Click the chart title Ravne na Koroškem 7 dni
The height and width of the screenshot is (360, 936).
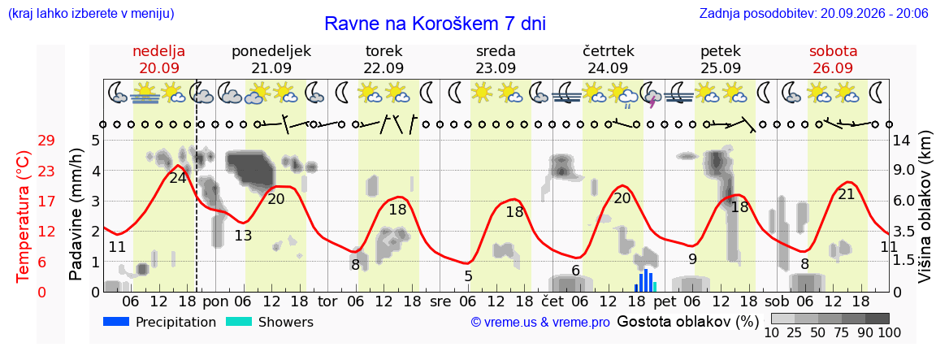coord(435,24)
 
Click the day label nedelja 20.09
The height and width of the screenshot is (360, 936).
coord(158,59)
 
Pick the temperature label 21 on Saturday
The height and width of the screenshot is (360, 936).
coord(847,194)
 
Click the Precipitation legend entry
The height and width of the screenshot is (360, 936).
coord(159,323)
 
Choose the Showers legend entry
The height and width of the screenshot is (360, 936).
coord(269,323)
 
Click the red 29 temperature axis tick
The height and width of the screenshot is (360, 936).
coord(46,141)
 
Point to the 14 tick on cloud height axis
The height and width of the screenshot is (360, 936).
coord(902,141)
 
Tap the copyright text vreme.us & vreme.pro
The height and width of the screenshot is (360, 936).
coord(541,323)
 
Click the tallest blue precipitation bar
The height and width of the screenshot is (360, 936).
coord(646,280)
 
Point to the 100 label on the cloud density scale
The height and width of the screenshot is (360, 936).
coord(889,332)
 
